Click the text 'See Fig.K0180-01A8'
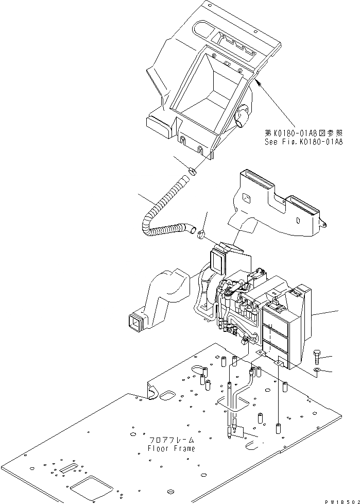coord(302,142)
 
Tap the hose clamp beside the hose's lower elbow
coord(201,236)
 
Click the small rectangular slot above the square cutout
coord(68,468)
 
